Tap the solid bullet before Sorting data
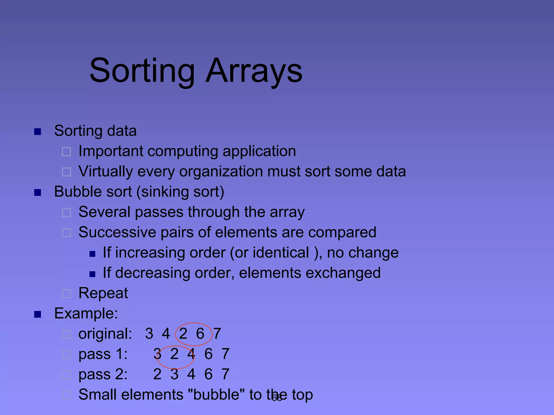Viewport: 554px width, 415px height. pyautogui.click(x=38, y=132)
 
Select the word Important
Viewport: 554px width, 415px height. pyautogui.click(x=111, y=151)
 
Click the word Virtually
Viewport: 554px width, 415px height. pyautogui.click(x=106, y=172)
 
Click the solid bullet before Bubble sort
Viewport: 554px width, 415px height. pyautogui.click(x=38, y=193)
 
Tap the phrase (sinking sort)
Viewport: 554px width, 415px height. pyautogui.click(x=180, y=192)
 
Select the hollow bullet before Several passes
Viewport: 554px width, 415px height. pyautogui.click(x=66, y=213)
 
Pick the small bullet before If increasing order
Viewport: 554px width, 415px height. pyautogui.click(x=93, y=254)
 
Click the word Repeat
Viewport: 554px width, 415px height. pyautogui.click(x=103, y=293)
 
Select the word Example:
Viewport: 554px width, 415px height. pyautogui.click(x=86, y=314)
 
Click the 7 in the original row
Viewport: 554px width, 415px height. pyautogui.click(x=217, y=334)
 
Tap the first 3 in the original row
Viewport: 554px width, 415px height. pyautogui.click(x=149, y=334)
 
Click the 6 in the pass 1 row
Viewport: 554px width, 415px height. pyautogui.click(x=208, y=354)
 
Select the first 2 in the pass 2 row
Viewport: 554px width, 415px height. pyautogui.click(x=157, y=374)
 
